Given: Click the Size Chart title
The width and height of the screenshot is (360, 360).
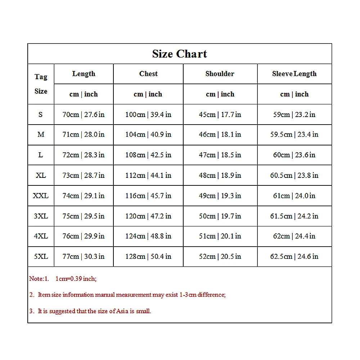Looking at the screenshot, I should pyautogui.click(x=179, y=54).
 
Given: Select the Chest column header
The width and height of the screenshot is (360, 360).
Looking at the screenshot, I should pyautogui.click(x=148, y=74).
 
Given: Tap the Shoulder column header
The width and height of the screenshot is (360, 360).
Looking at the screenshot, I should pyautogui.click(x=220, y=74).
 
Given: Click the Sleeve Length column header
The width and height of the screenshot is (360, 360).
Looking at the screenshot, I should pyautogui.click(x=294, y=74).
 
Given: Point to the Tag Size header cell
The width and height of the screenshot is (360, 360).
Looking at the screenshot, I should pyautogui.click(x=41, y=84).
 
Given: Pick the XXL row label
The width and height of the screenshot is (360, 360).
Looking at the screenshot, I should pyautogui.click(x=41, y=196).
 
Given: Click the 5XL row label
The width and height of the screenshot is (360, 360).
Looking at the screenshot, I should pyautogui.click(x=41, y=257).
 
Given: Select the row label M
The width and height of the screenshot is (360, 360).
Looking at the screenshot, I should pyautogui.click(x=41, y=135).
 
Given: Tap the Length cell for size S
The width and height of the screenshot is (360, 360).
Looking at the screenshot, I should pyautogui.click(x=84, y=114).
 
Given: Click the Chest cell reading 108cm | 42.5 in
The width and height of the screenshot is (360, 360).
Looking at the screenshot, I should pyautogui.click(x=148, y=155).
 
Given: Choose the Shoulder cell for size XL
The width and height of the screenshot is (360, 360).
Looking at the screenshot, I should pyautogui.click(x=220, y=175).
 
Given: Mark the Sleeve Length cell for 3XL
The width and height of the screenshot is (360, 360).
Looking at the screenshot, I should pyautogui.click(x=294, y=216).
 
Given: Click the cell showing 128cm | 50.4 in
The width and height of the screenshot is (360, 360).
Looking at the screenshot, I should pyautogui.click(x=148, y=257).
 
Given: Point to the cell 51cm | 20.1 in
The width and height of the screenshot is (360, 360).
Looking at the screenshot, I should pyautogui.click(x=220, y=236).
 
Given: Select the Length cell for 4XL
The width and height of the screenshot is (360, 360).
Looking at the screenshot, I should pyautogui.click(x=84, y=236).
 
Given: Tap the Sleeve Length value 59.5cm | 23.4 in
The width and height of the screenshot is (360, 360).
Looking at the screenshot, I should pyautogui.click(x=294, y=135).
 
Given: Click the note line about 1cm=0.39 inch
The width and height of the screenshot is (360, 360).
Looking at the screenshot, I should pyautogui.click(x=63, y=279).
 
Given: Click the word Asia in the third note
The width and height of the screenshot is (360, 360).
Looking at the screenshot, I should pyautogui.click(x=121, y=311).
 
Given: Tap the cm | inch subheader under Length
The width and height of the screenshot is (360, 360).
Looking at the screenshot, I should pyautogui.click(x=84, y=94).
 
